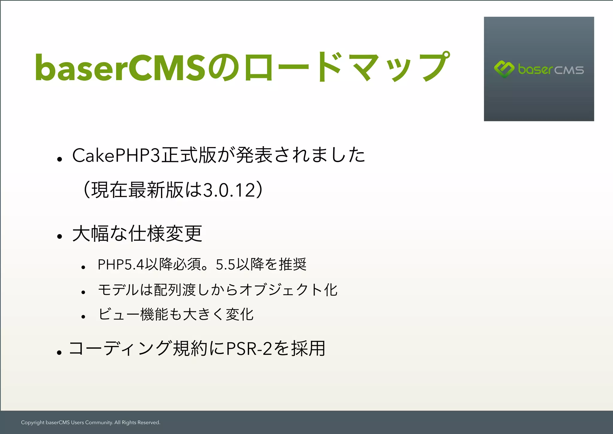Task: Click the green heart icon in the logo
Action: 504,69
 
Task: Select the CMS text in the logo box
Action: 569,70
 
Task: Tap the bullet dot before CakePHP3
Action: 60,159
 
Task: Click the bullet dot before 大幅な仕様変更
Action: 60,237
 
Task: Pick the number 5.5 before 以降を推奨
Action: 225,264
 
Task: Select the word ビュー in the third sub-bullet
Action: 119,314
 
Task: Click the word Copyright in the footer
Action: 33,423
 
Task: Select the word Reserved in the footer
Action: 148,423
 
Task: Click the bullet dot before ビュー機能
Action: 84,317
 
